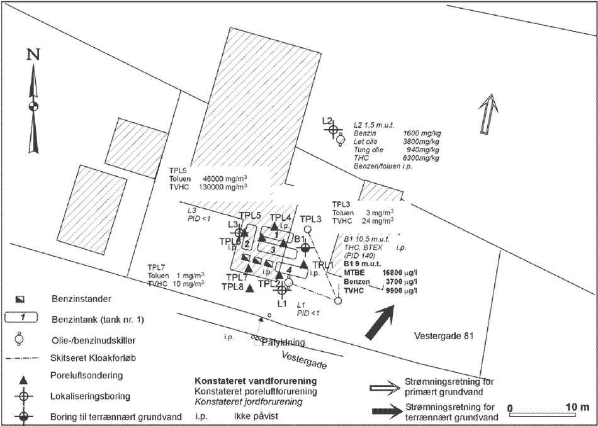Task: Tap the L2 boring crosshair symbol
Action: click(333, 129)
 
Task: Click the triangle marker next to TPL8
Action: click(249, 289)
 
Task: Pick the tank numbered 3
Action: click(273, 250)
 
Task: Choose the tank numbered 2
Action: click(247, 244)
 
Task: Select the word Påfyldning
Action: click(283, 343)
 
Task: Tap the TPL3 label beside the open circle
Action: click(311, 218)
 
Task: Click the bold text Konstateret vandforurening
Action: click(255, 381)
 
